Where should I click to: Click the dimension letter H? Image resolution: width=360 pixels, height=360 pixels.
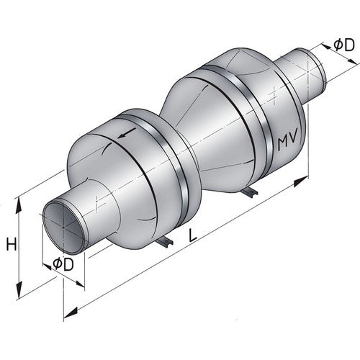(x=11, y=245)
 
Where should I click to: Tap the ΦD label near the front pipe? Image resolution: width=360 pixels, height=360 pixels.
(x=63, y=265)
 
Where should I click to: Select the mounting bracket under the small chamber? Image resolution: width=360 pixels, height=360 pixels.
(x=166, y=243)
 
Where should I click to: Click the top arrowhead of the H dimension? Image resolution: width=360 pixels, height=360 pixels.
(x=22, y=204)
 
